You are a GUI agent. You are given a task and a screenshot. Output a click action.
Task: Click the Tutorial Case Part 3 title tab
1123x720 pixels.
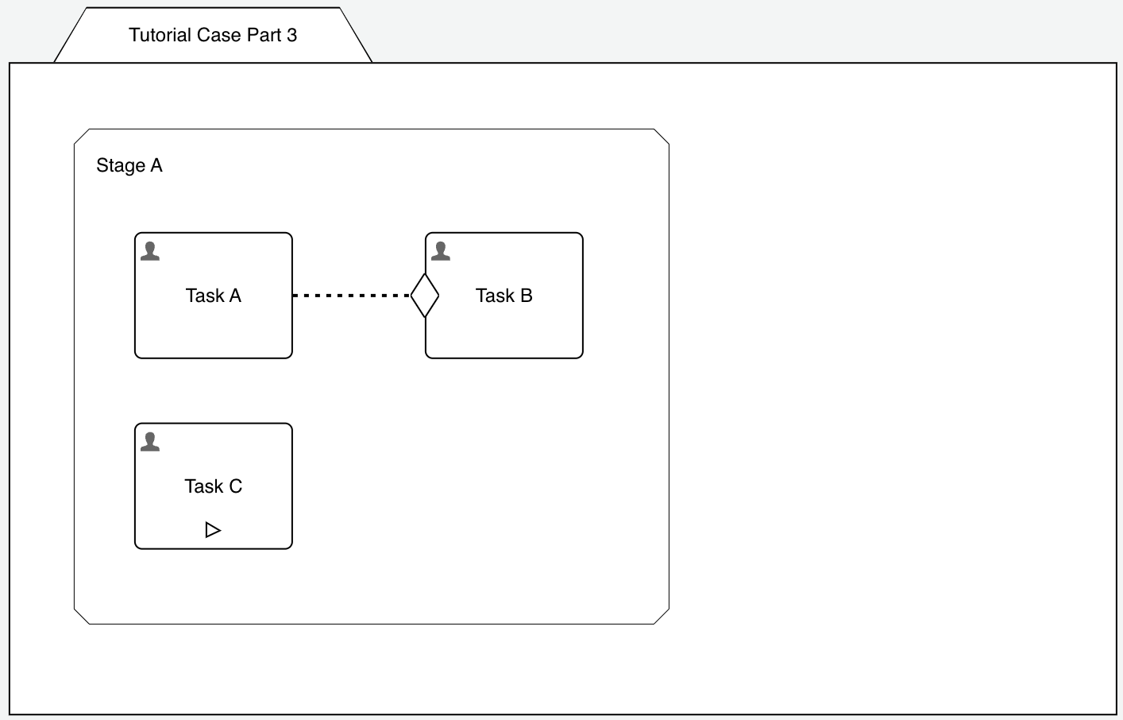213,35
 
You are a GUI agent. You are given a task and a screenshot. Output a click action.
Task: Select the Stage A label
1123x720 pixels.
129,165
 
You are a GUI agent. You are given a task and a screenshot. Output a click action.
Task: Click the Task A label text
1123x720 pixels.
213,296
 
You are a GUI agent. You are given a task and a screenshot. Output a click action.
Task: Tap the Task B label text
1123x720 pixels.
504,296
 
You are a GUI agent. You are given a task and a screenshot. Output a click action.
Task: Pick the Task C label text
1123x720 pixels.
213,486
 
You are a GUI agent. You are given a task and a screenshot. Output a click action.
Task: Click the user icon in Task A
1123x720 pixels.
150,251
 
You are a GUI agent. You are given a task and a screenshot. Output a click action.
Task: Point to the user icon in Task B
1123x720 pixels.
441,251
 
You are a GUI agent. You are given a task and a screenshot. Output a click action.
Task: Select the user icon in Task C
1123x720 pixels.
150,442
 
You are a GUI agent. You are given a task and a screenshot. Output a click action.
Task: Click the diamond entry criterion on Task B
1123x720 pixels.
425,296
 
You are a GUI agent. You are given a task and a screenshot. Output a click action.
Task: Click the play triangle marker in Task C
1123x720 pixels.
213,530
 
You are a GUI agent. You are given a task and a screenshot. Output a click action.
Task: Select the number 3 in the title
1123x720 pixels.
292,35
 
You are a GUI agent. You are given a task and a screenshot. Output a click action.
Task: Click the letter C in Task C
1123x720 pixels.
235,486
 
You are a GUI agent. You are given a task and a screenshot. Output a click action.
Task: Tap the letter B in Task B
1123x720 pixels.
526,296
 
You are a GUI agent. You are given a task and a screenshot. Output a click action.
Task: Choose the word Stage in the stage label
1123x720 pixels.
121,165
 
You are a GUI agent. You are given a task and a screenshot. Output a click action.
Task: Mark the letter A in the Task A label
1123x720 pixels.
235,296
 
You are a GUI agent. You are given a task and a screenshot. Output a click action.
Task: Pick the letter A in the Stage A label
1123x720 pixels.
156,165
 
